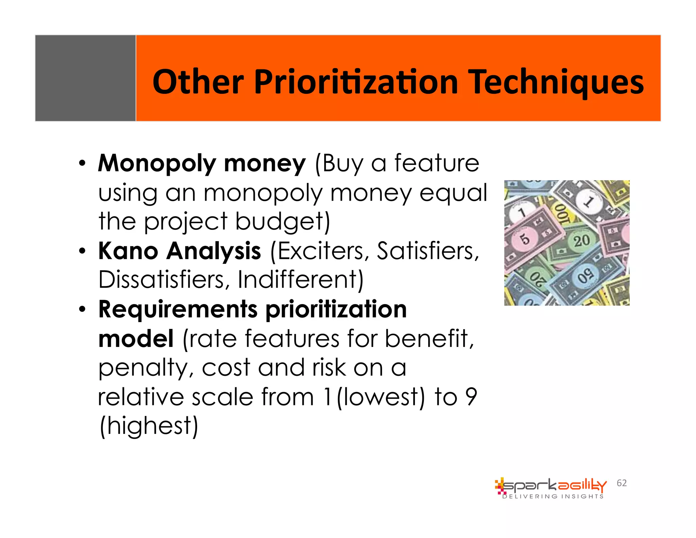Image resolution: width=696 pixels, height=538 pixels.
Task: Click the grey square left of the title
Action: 85,78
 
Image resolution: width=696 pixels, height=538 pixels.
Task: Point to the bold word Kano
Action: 128,251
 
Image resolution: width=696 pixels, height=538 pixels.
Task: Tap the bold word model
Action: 136,339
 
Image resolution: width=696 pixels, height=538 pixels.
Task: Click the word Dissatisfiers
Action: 161,280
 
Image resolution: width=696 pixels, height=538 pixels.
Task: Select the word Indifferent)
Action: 300,280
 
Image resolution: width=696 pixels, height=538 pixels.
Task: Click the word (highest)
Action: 149,426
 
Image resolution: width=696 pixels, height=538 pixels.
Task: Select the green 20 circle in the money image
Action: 582,241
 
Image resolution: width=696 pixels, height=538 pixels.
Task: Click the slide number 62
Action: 622,483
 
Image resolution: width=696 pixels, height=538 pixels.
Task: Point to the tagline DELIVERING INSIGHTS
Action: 553,497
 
